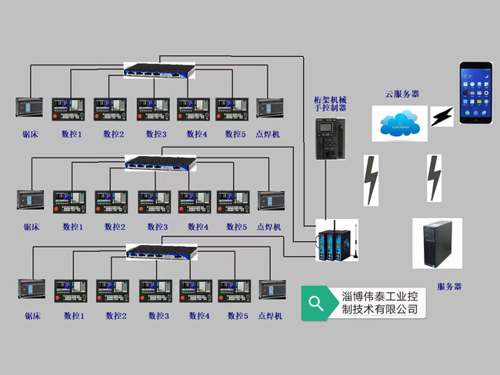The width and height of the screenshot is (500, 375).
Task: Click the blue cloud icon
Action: [x=399, y=121]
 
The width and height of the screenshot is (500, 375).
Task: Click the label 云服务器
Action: [x=402, y=95]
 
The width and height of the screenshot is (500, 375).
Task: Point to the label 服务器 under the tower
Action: [x=449, y=287]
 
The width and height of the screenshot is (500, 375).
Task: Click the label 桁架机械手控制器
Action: [x=329, y=105]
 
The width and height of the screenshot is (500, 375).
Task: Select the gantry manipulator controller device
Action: [x=329, y=138]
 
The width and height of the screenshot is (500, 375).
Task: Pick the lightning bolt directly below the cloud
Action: [x=372, y=181]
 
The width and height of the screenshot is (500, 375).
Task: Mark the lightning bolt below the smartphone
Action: [x=435, y=178]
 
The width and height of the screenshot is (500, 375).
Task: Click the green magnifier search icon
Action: [x=316, y=302]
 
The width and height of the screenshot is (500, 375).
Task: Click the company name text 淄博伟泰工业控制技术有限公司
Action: [x=379, y=303]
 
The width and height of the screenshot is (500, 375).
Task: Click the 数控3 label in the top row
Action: [x=155, y=134]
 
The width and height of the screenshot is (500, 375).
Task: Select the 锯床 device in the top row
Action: [x=29, y=108]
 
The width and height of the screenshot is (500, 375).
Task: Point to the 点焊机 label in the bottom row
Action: [x=270, y=316]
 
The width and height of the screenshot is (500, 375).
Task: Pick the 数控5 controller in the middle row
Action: [x=232, y=201]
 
